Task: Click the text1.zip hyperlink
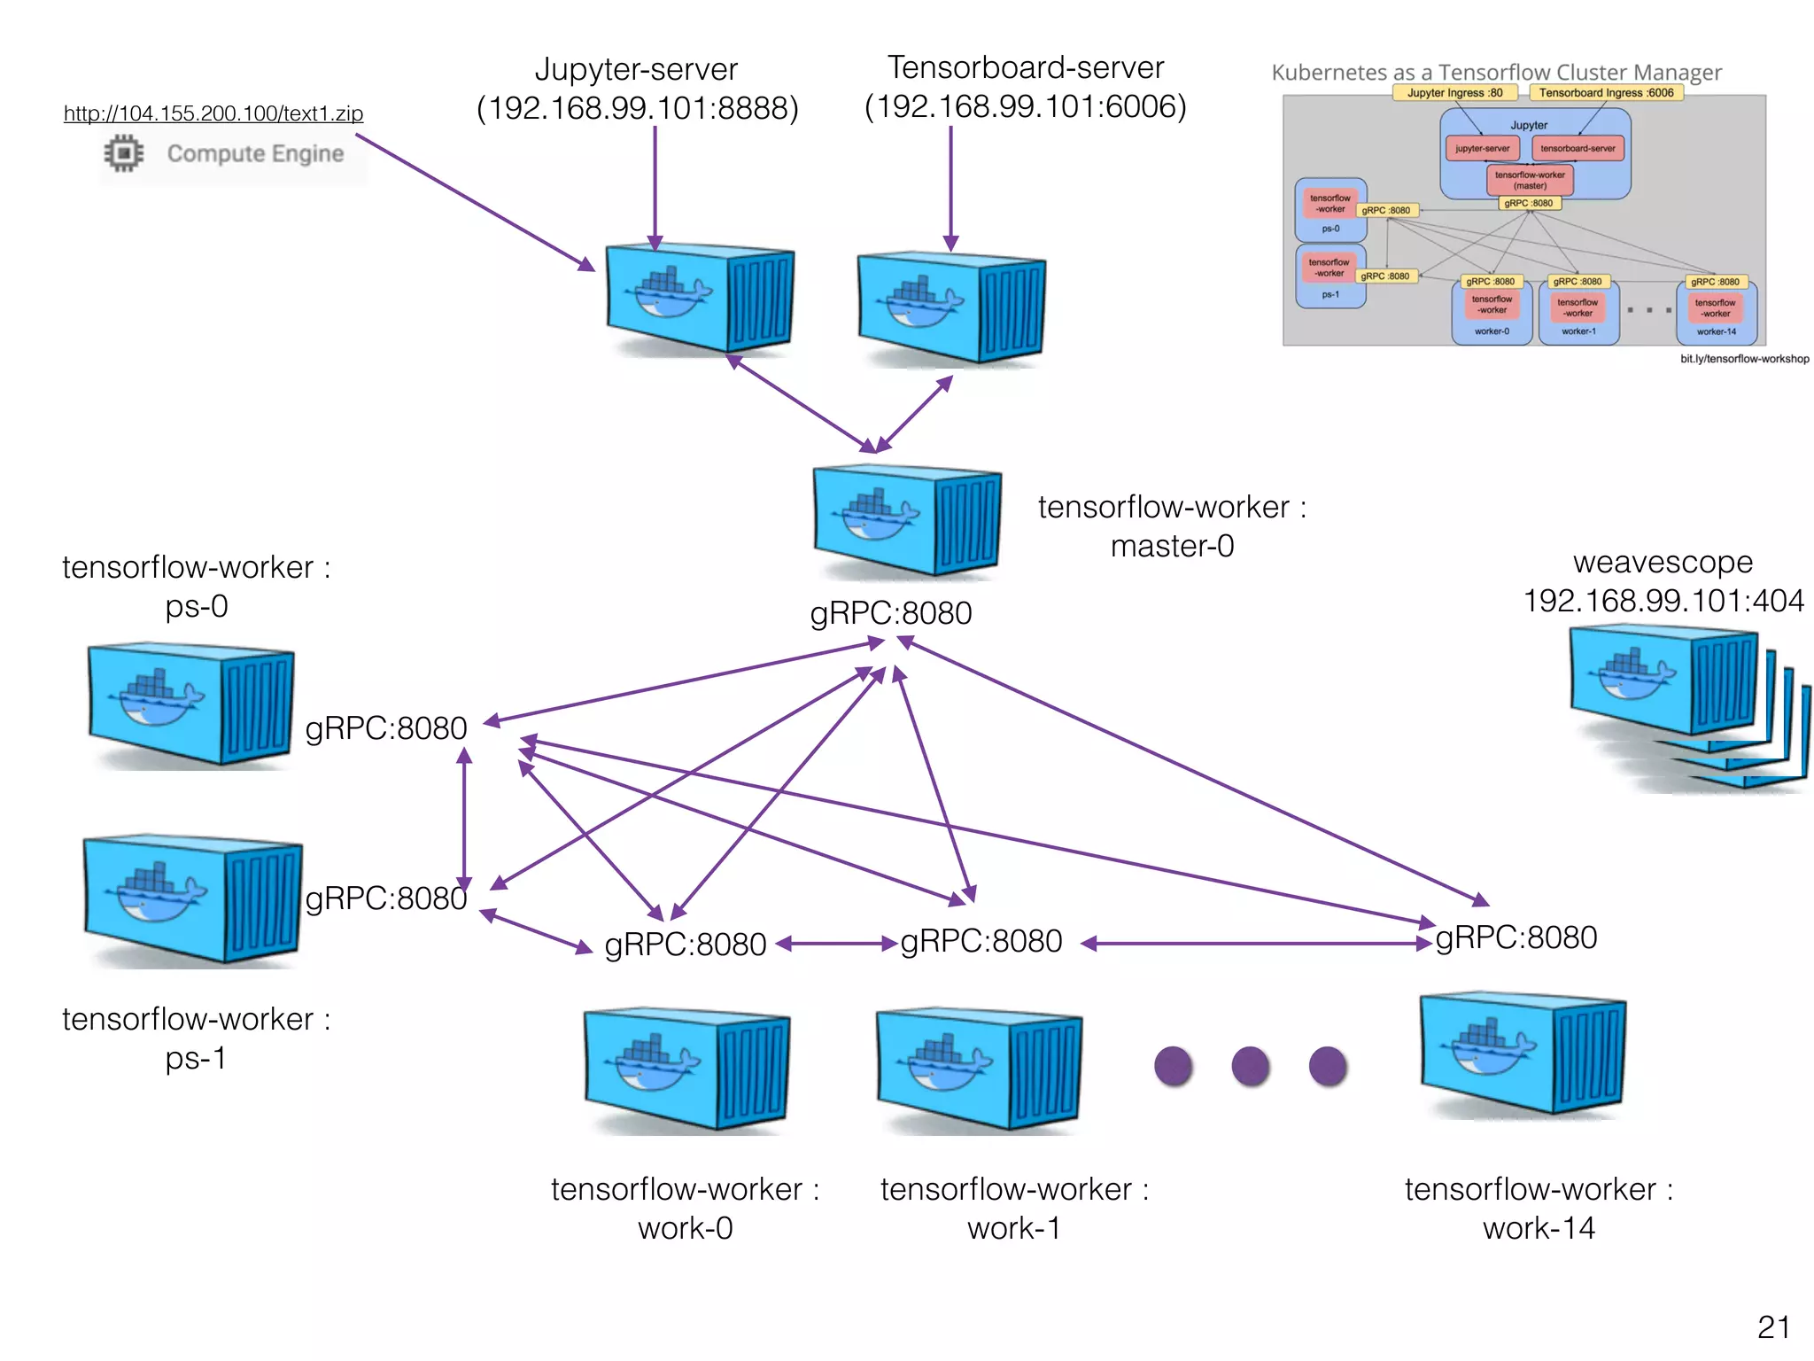point(213,113)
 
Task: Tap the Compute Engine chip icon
point(124,153)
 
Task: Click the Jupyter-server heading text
point(636,69)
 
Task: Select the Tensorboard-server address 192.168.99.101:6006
point(1025,107)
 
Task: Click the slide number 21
point(1773,1326)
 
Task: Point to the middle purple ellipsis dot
point(1250,1066)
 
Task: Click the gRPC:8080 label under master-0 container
point(890,613)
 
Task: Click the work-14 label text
point(1539,1228)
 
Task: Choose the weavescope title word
point(1663,562)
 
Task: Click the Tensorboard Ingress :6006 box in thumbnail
point(1606,92)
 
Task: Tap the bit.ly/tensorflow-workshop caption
point(1744,359)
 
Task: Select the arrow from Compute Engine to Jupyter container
point(474,202)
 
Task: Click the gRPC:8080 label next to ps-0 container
point(385,728)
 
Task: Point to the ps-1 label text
point(196,1058)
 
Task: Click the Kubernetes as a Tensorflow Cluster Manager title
point(1496,72)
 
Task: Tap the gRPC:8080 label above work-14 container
point(1516,937)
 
